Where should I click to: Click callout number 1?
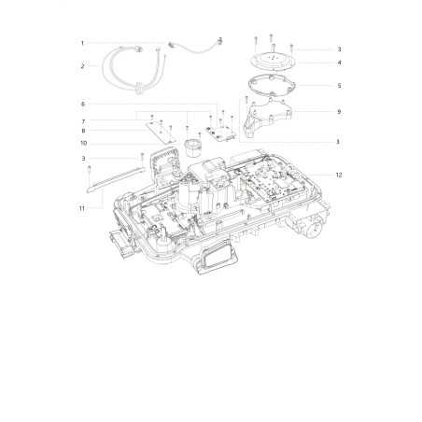82,43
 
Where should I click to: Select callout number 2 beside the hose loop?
82,66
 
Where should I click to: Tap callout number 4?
339,63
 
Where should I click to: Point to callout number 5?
339,86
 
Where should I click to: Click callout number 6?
83,104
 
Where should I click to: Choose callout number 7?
83,121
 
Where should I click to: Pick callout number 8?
83,131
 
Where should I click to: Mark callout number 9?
339,111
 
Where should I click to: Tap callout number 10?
83,143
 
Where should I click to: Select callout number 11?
82,208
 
